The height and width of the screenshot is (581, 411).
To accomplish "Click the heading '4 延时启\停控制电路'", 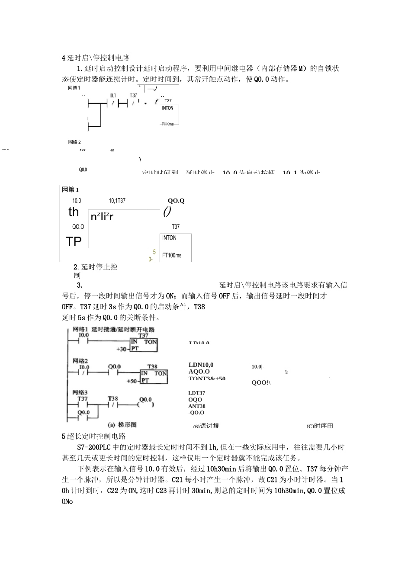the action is tap(96, 58).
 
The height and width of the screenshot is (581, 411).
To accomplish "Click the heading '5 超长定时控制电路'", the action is tap(93, 436).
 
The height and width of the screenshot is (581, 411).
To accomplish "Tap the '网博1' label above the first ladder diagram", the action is tap(74, 88).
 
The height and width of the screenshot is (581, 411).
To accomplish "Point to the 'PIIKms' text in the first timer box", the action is tap(167, 124).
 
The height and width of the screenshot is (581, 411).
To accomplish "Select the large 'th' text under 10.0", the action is tap(74, 212).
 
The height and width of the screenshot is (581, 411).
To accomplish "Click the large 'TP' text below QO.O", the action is tap(74, 241).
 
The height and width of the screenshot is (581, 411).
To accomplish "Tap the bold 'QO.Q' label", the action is tap(176, 201).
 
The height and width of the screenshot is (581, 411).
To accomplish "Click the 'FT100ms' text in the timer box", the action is tap(172, 255).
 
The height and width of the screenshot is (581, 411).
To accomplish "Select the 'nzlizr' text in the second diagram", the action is tap(102, 216).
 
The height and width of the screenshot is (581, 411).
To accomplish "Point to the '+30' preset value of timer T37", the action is tap(122, 349).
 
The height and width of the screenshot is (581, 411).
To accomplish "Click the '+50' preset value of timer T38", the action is tap(132, 381).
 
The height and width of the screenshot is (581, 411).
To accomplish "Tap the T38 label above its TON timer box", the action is tap(152, 366).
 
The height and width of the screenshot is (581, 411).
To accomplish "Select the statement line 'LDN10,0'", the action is tap(201, 365).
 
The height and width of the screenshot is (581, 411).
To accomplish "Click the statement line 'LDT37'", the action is tap(197, 393).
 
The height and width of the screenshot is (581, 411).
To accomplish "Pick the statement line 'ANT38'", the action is tap(197, 406).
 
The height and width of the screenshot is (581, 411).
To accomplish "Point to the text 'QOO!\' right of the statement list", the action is tap(261, 382).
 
